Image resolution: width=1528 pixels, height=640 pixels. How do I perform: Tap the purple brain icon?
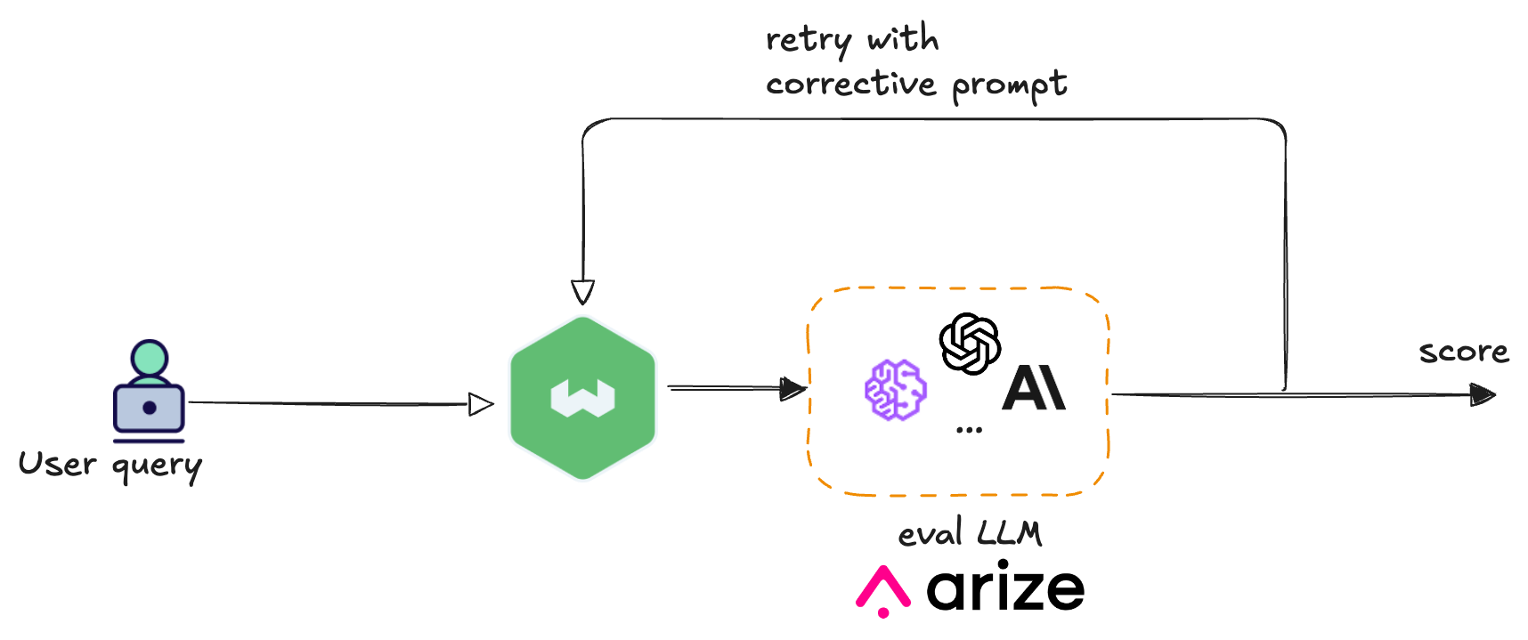[895, 389]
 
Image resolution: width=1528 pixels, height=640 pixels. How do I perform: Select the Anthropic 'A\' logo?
[1033, 388]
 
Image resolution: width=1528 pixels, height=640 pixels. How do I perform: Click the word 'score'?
[1464, 352]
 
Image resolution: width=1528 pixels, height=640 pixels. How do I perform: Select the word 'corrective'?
[850, 85]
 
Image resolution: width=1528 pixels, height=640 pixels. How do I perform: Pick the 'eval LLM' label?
[970, 533]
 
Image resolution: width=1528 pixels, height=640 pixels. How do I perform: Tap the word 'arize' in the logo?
[1005, 588]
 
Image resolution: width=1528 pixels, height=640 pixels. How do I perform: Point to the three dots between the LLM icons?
[969, 430]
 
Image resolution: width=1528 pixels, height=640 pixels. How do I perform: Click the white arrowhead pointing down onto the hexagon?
[582, 292]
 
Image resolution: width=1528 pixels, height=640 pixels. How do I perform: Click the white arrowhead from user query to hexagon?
[479, 404]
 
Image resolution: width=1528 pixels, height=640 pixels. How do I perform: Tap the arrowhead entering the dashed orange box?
[792, 388]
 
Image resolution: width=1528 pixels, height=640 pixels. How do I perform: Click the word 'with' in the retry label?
[902, 39]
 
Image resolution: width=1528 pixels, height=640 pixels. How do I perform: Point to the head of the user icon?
[149, 357]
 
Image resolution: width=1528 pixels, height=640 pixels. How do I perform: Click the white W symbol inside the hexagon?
[582, 398]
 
